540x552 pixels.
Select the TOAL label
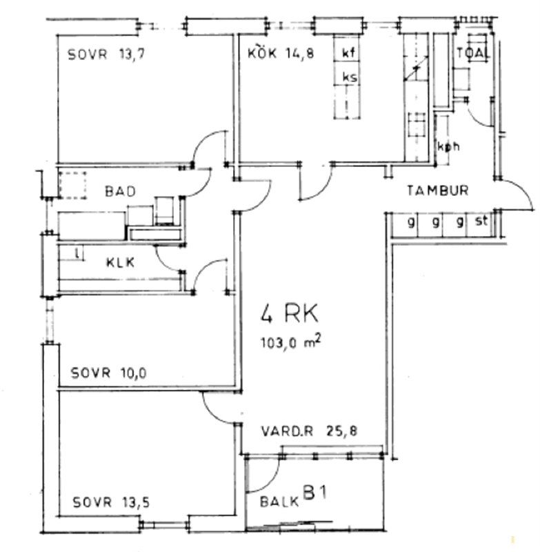coord(473,53)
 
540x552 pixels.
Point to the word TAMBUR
coord(438,190)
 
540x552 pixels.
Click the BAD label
coord(120,191)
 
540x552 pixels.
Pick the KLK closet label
coord(120,262)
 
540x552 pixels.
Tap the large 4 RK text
coord(289,315)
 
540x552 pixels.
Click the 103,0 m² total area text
coord(289,341)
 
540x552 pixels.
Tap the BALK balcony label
coord(279,502)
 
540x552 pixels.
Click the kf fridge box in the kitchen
coord(348,50)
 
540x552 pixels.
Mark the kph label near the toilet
coord(448,146)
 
